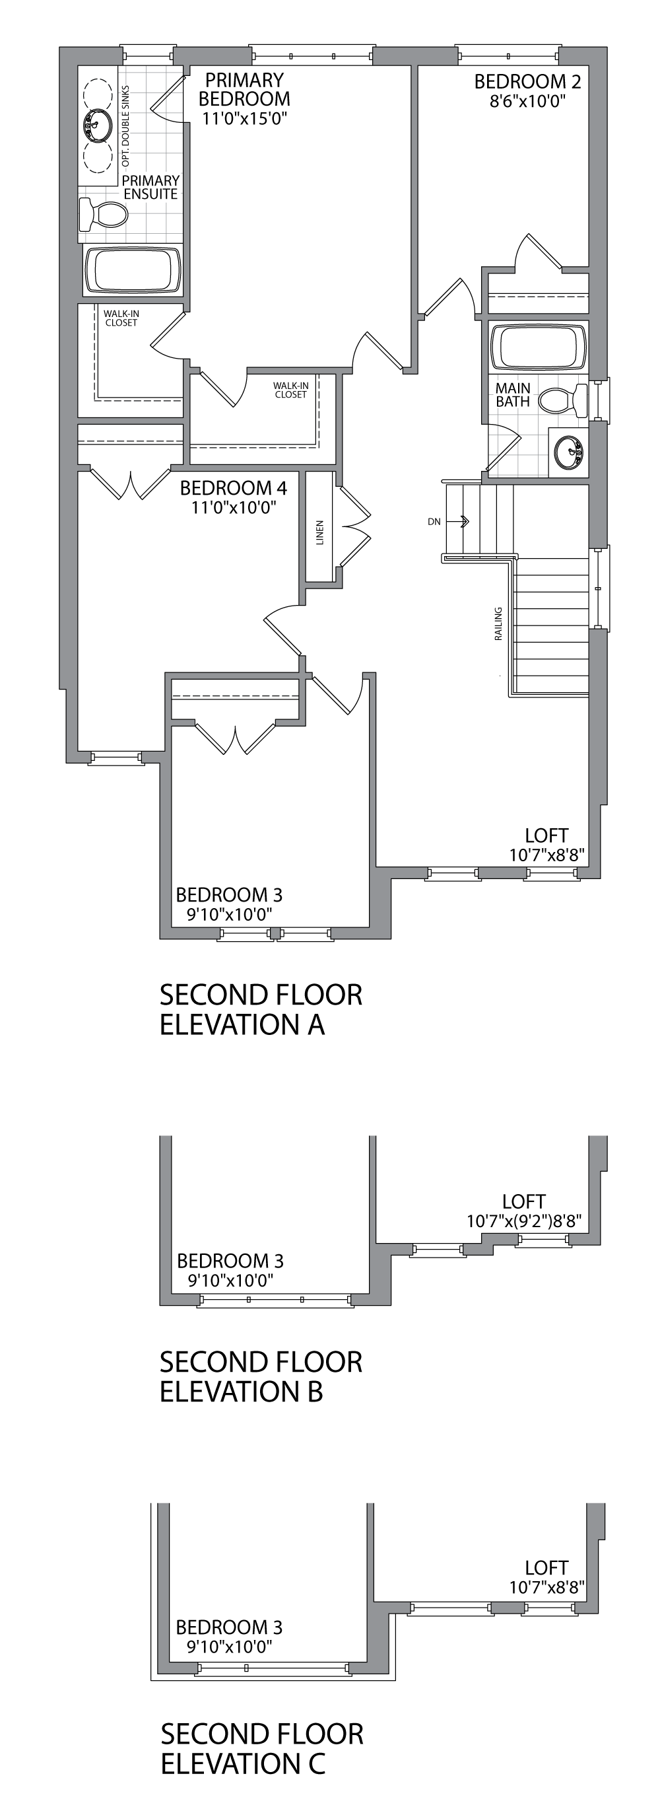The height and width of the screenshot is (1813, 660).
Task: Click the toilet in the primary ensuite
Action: point(103,214)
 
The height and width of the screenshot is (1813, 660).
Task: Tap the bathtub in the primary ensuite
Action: point(131,270)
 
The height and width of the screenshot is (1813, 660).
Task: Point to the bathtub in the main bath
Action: point(539,346)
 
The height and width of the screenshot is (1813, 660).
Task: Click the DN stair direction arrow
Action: point(463,522)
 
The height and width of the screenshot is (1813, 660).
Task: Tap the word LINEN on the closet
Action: point(320,534)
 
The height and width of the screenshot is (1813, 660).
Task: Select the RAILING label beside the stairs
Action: point(498,623)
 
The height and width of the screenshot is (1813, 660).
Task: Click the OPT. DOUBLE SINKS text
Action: point(126,126)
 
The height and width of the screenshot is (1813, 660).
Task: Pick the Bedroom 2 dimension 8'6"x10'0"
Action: point(528,101)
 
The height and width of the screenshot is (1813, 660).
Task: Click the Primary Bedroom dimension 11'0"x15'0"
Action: point(244,119)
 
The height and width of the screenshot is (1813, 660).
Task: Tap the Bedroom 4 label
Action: point(233,487)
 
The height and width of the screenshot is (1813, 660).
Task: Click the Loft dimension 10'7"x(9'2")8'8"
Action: point(524,1221)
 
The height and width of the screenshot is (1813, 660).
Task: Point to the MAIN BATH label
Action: point(513,395)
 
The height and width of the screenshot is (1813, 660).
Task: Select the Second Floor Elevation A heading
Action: point(260,1009)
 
